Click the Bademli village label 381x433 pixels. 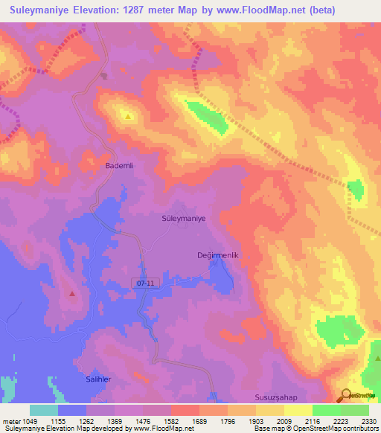tap(118, 167)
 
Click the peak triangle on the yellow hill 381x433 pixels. tap(128, 116)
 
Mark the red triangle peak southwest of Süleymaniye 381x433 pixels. tap(72, 293)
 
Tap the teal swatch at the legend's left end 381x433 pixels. tap(44, 410)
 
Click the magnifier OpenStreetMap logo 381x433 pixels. tap(347, 396)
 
